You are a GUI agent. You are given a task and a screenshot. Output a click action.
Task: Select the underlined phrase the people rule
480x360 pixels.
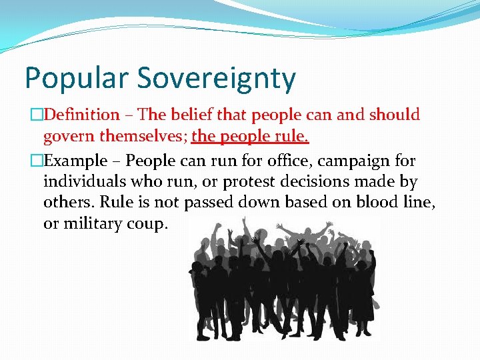pyautogui.click(x=250, y=137)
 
